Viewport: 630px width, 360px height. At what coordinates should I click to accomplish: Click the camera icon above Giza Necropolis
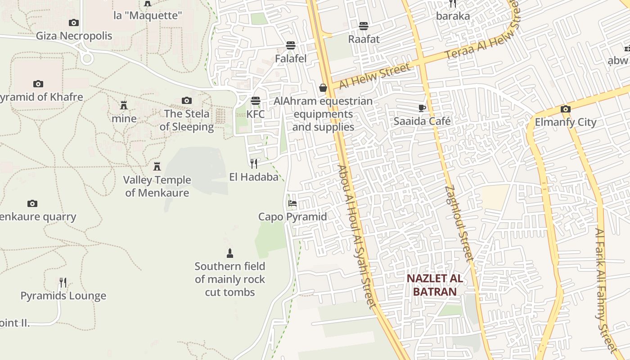point(74,22)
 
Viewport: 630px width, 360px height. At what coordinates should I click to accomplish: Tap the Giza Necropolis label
point(74,36)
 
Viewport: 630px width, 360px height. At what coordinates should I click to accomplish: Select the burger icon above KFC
point(256,100)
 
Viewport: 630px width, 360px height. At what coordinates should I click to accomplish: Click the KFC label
point(256,114)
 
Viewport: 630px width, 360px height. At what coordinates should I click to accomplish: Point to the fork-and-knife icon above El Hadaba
point(254,163)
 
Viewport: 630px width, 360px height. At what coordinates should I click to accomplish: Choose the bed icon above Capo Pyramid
point(292,203)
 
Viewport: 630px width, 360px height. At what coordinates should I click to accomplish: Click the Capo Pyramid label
point(292,217)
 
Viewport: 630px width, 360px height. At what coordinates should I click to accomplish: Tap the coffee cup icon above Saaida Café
point(422,108)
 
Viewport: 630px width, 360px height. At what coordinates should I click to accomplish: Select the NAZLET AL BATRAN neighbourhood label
point(435,285)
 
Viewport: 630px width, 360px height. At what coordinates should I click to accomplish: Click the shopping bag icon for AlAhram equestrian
point(323,88)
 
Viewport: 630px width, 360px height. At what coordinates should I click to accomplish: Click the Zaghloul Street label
point(459,223)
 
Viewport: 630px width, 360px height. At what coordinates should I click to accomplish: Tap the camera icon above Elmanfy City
point(566,109)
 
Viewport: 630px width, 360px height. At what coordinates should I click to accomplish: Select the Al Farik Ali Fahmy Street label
point(607,290)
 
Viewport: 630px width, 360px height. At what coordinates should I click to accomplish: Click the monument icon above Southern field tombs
point(230,253)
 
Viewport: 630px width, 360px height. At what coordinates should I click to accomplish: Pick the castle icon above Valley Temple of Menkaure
point(157,166)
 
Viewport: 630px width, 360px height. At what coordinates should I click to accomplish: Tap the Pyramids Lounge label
point(63,296)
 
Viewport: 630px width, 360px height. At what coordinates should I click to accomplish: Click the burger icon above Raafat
point(364,26)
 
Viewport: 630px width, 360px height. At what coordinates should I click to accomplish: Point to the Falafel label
point(291,59)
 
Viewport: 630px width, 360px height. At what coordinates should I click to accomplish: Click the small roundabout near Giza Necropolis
point(87,58)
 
